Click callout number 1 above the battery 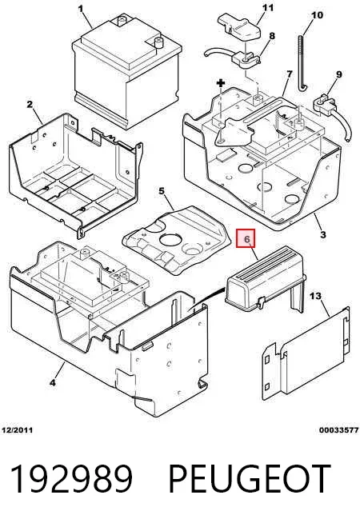click(81, 8)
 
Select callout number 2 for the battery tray click(30, 105)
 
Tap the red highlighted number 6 click(246, 239)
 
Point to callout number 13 click(316, 296)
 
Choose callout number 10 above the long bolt click(317, 15)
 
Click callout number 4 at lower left click(53, 383)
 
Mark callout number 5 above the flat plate click(162, 191)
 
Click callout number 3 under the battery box click(323, 234)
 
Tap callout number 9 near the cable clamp click(339, 74)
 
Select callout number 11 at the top click(268, 7)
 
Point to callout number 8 click(272, 36)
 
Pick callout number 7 click(289, 74)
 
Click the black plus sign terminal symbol click(221, 83)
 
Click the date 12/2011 click(18, 430)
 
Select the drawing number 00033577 click(339, 430)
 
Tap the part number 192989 click(72, 479)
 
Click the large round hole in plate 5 click(170, 240)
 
